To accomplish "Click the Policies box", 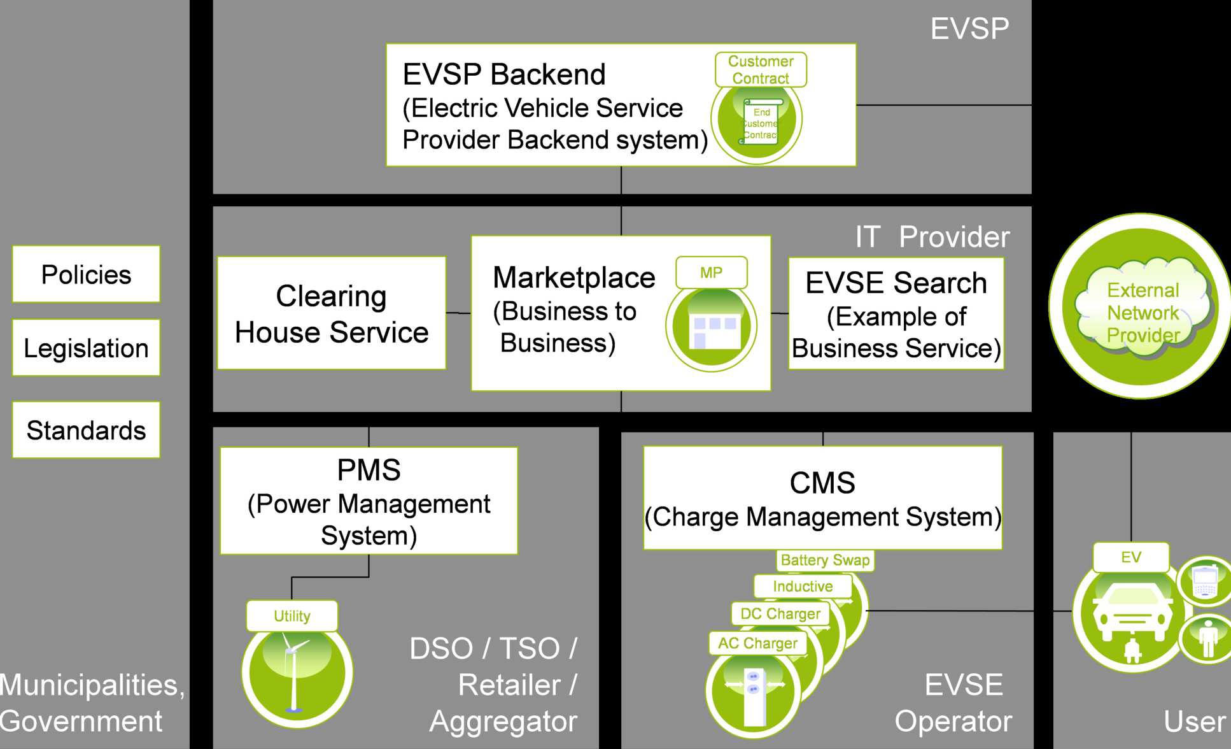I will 86,274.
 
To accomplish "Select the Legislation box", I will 86,348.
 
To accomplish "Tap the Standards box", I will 86,430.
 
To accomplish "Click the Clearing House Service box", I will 331,313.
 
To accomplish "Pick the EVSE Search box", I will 896,314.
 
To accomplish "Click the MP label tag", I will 711,273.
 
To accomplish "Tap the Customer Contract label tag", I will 761,69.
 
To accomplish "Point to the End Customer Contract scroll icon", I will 761,122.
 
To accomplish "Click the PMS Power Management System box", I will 369,501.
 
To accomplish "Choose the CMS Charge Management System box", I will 822,498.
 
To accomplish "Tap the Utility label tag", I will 292,616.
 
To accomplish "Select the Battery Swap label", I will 825,560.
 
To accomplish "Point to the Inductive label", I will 803,587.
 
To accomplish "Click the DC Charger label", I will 780,614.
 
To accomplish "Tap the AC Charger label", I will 757,643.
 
